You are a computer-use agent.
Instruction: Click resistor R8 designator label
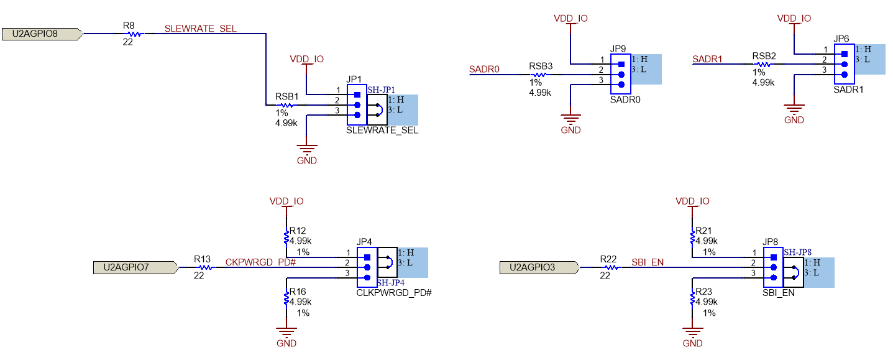129,25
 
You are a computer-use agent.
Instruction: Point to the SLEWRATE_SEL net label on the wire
200,29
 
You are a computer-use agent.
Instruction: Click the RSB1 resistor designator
287,97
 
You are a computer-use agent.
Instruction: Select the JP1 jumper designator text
354,80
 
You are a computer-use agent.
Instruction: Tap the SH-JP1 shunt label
382,90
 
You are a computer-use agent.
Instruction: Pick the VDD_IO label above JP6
794,19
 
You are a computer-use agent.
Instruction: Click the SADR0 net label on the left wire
484,69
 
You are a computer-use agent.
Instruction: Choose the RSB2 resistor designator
764,56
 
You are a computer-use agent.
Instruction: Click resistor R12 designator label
298,231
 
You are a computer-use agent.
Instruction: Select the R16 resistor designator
298,292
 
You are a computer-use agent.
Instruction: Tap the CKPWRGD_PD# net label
260,262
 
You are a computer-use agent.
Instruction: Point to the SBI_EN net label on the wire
647,262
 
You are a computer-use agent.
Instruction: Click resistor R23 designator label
703,292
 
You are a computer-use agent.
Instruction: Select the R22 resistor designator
608,258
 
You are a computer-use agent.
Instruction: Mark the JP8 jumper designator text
770,242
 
